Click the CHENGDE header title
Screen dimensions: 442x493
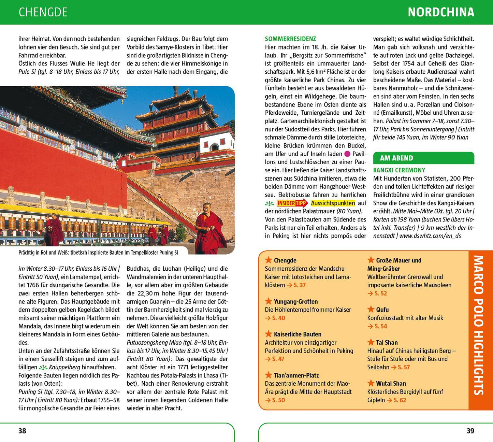pyautogui.click(x=43, y=12)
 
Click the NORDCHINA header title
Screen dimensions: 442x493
pyautogui.click(x=441, y=12)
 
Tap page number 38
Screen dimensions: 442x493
pyautogui.click(x=22, y=431)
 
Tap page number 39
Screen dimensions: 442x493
pyautogui.click(x=470, y=431)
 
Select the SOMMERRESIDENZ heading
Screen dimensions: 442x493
pyautogui.click(x=290, y=39)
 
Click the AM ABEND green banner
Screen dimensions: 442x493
pyautogui.click(x=423, y=158)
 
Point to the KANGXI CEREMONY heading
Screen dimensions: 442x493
pyautogui.click(x=399, y=170)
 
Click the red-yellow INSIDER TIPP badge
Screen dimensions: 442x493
pyautogui.click(x=292, y=203)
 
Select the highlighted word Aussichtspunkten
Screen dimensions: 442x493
pyautogui.click(x=333, y=203)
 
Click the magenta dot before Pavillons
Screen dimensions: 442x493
pyautogui.click(x=347, y=154)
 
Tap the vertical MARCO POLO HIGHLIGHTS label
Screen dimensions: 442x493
pyautogui.click(x=479, y=325)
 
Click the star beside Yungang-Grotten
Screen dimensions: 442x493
pyautogui.click(x=269, y=301)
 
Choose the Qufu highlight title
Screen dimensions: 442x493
pyautogui.click(x=382, y=310)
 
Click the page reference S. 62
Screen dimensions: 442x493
pyautogui.click(x=400, y=400)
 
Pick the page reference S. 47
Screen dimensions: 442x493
pyautogui.click(x=278, y=359)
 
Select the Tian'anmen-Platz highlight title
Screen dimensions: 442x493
pyautogui.click(x=296, y=375)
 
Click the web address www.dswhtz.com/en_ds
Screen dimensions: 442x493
pyautogui.click(x=430, y=236)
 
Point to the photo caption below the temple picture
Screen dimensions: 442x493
pyautogui.click(x=98, y=253)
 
